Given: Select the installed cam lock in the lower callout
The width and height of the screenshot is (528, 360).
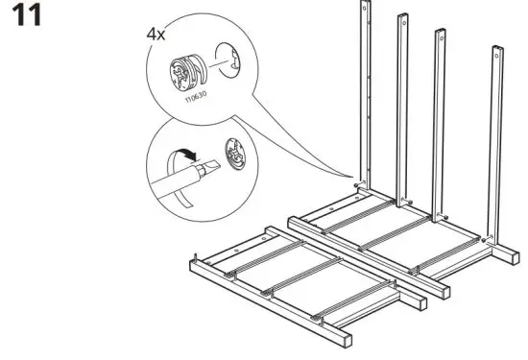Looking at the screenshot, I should tap(234, 153).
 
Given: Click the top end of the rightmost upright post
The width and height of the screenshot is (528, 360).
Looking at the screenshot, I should tap(497, 50).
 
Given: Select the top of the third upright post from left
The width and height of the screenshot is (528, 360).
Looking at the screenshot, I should tap(441, 35).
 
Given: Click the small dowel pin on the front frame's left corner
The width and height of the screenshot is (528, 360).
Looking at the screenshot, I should tap(196, 256).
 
